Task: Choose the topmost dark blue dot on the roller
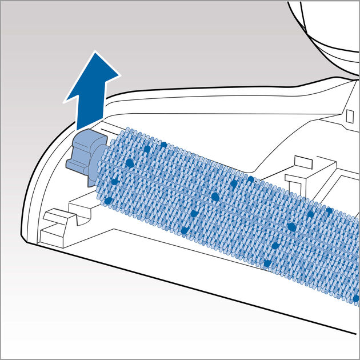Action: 163,145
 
